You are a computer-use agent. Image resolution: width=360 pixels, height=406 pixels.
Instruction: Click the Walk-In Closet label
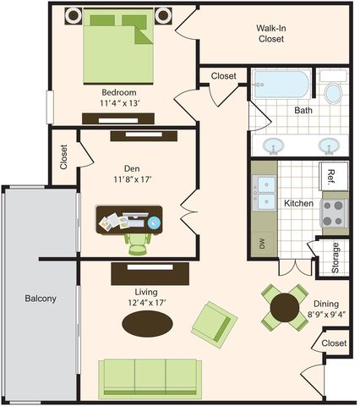[271, 34]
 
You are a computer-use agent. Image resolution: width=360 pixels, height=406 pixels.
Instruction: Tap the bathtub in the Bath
[281, 85]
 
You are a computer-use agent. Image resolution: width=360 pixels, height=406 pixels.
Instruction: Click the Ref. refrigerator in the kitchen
[334, 176]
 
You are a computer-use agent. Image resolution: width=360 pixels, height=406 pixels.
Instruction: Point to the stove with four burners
[334, 213]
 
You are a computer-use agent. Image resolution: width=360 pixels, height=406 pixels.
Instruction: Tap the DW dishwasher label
[262, 244]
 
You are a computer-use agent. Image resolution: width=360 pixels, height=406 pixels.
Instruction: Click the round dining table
[285, 308]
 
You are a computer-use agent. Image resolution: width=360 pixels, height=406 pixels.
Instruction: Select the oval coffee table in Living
[147, 324]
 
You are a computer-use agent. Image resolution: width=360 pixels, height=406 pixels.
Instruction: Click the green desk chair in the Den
[138, 244]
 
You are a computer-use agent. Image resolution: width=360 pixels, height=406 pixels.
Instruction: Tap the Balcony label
[41, 299]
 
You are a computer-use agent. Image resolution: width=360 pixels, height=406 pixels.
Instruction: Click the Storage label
[335, 258]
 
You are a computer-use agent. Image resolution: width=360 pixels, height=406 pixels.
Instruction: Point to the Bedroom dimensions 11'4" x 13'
[120, 103]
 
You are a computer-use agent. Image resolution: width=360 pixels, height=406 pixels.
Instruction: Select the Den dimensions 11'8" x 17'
[132, 179]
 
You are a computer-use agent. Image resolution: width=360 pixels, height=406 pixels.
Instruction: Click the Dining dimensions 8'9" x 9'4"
[326, 314]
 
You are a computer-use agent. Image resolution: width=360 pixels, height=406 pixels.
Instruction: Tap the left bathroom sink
[273, 146]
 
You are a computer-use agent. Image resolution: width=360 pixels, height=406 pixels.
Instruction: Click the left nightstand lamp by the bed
[74, 16]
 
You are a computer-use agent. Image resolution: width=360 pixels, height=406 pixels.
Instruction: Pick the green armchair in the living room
[215, 321]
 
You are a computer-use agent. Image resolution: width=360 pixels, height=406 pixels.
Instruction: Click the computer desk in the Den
[129, 220]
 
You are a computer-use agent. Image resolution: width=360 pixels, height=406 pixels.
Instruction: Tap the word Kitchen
[298, 203]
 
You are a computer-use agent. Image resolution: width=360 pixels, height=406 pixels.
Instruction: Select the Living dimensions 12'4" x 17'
[146, 303]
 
